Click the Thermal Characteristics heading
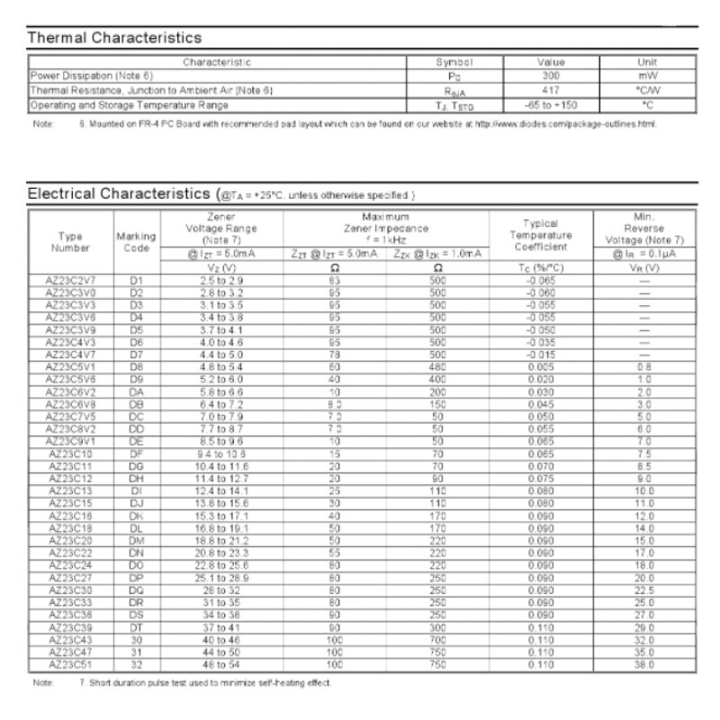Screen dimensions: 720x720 click(114, 38)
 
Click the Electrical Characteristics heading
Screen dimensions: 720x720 click(120, 193)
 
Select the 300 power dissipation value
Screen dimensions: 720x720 click(550, 76)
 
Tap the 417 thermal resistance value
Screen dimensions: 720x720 click(550, 91)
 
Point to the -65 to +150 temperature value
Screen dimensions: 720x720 click(550, 105)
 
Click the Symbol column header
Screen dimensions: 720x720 click(454, 62)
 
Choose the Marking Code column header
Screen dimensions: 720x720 click(136, 240)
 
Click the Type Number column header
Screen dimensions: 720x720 click(71, 240)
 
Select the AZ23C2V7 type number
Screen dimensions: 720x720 click(71, 281)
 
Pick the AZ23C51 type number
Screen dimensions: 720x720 click(71, 664)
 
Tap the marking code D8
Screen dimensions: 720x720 click(136, 367)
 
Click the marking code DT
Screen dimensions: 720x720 click(136, 627)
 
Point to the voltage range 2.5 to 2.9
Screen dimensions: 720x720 click(221, 281)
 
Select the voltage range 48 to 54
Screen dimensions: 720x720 click(221, 664)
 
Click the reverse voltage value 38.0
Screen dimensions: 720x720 click(643, 664)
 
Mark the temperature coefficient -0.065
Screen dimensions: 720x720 click(540, 281)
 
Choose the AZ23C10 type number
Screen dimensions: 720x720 click(71, 454)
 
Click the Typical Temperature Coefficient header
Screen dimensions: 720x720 click(540, 234)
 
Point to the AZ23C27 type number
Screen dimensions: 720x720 click(71, 577)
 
